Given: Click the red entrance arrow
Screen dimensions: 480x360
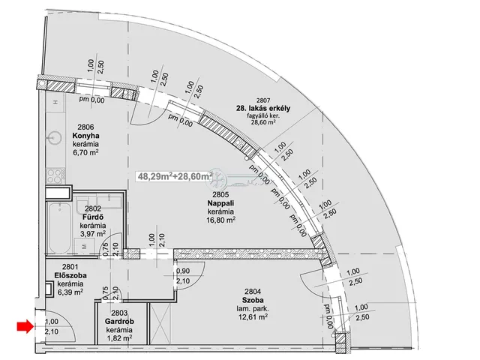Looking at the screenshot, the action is pos(25,326).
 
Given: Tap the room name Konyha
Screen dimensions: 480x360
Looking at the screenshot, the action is pos(85,136).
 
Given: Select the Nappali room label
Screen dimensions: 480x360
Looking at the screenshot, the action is pos(220,203).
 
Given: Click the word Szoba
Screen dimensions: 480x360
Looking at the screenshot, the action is pos(253,300).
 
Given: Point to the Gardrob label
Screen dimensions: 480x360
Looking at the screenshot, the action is pos(119,322).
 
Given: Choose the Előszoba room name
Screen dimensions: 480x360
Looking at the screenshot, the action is pos(70,275).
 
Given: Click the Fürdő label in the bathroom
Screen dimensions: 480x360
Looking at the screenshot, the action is pos(93,217).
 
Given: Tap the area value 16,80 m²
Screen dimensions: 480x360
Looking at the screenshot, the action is pos(221,220).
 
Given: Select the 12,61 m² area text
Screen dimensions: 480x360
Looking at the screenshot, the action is pos(253,316).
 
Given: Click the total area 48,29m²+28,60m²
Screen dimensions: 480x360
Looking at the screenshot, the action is pos(175,176).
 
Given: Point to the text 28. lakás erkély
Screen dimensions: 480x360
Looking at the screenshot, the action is pos(263,108).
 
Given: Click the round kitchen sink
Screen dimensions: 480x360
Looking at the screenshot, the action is pos(55,137).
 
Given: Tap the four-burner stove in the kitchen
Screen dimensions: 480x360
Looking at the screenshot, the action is pos(55,175).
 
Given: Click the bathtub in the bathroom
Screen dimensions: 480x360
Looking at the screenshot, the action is pos(59,227).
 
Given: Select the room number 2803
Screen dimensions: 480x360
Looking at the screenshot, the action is pos(119,313).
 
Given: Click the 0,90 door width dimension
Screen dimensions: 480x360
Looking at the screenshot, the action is pos(183,271).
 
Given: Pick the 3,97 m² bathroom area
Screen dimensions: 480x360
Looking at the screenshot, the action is pos(93,234).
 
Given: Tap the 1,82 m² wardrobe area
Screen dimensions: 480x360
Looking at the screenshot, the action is pos(119,337).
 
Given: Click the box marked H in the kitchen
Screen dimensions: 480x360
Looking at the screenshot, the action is pos(55,102).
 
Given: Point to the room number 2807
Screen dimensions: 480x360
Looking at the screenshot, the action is pos(263,100).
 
